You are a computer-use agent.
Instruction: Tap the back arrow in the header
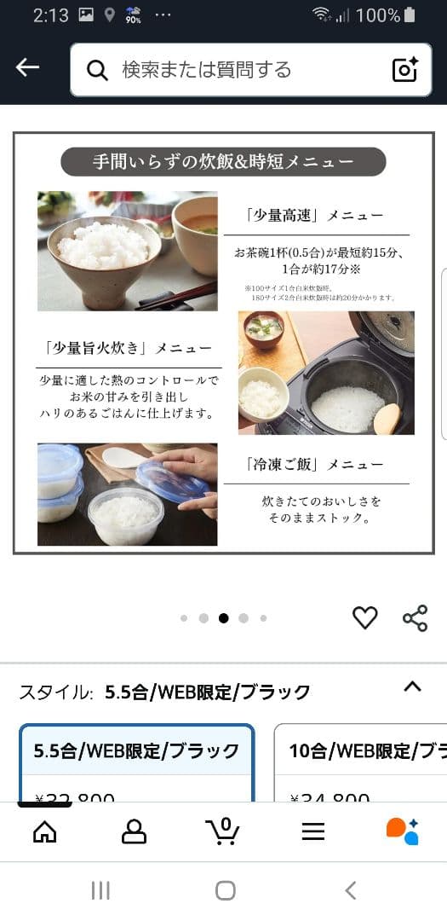[x=27, y=68]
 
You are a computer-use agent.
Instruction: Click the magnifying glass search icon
[x=98, y=70]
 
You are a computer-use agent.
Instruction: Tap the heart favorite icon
[x=364, y=617]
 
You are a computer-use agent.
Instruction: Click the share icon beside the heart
[x=415, y=618]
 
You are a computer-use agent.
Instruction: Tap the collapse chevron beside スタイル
[x=412, y=686]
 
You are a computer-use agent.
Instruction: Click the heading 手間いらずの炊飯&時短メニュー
[x=223, y=161]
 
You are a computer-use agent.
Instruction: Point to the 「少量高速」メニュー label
[x=316, y=216]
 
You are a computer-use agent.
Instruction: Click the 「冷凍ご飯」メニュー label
[x=316, y=465]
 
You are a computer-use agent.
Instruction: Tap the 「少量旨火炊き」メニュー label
[x=128, y=348]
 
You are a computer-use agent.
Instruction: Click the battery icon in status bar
[x=410, y=15]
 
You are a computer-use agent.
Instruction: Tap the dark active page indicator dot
[x=223, y=618]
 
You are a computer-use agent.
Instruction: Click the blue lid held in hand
[x=173, y=483]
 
